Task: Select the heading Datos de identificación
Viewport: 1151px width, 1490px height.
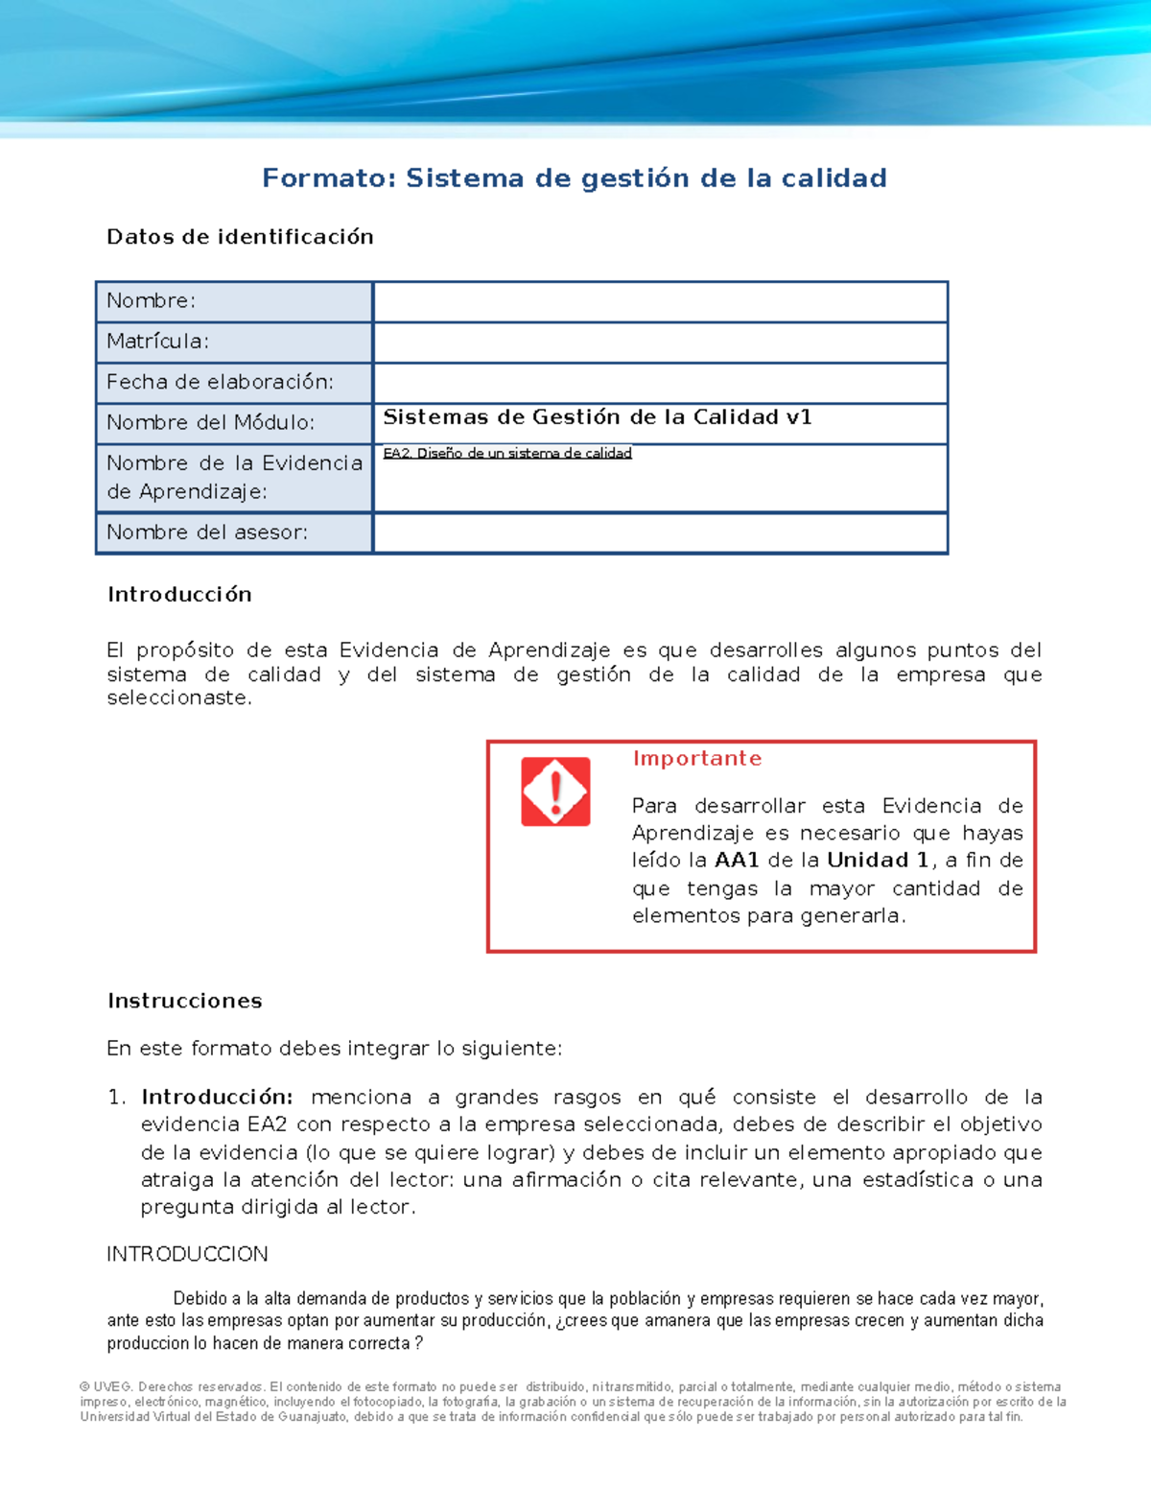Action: point(240,237)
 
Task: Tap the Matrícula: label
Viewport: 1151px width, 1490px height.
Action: point(158,342)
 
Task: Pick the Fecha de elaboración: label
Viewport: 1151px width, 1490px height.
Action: point(221,382)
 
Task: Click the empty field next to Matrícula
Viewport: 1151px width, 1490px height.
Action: point(660,343)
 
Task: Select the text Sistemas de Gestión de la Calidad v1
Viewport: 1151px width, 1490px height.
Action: point(598,417)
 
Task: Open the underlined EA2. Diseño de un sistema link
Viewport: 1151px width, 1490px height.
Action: point(507,454)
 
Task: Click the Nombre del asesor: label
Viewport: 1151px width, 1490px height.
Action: point(207,532)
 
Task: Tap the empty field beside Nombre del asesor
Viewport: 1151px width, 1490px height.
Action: point(660,533)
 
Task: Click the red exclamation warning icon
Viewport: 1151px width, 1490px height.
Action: point(555,792)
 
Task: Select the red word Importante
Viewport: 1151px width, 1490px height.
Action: point(697,759)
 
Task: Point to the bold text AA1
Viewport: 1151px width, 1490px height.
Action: point(737,861)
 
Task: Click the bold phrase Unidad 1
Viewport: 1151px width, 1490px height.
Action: point(878,861)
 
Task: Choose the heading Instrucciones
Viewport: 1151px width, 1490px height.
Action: point(185,1002)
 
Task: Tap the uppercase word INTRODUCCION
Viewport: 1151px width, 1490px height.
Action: point(187,1255)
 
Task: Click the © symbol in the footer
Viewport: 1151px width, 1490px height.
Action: point(84,1387)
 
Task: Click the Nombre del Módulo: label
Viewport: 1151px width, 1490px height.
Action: point(210,422)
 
